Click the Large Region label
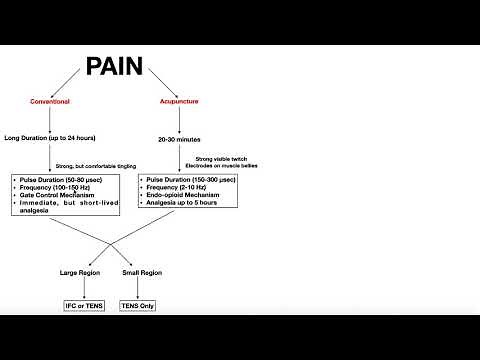[82, 272]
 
